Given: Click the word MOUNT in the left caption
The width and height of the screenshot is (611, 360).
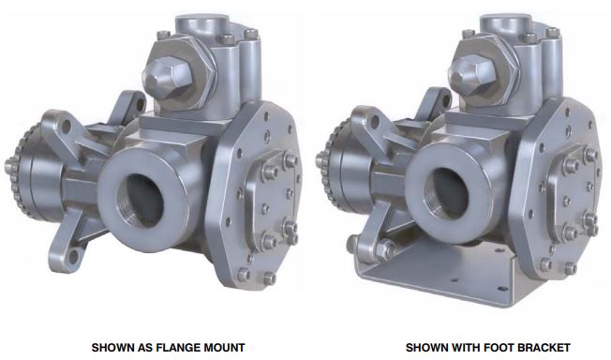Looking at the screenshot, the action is pyautogui.click(x=228, y=347).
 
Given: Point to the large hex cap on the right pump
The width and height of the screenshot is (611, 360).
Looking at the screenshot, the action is pyautogui.click(x=471, y=74).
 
